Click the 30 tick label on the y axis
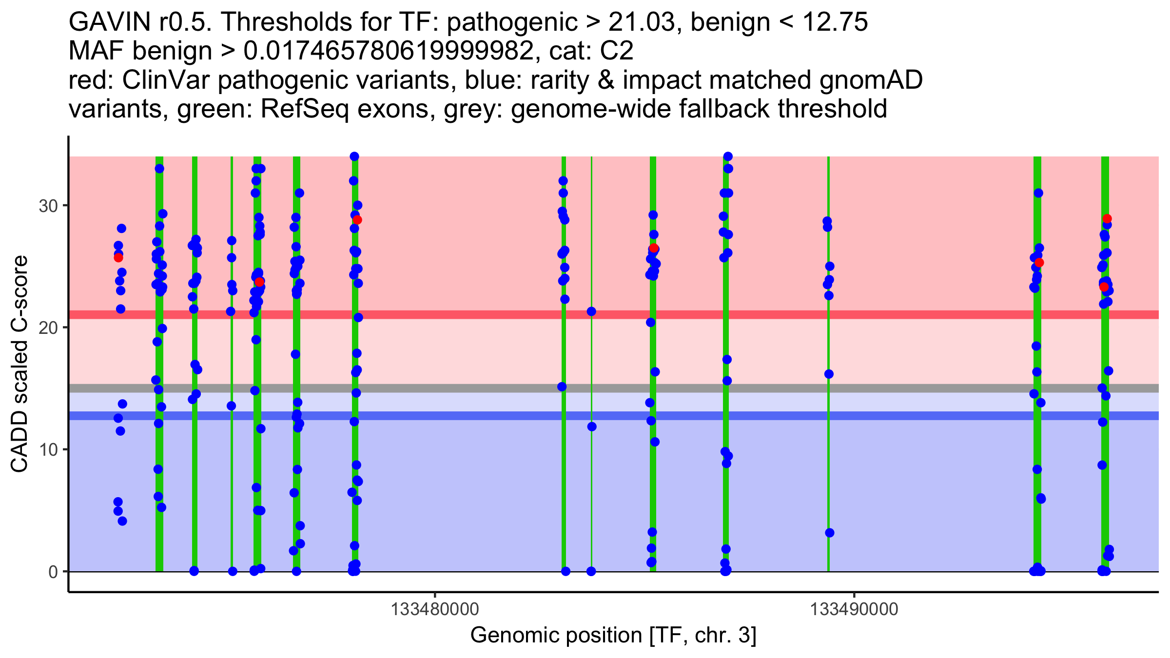point(48,206)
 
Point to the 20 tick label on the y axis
point(48,328)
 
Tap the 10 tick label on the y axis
point(48,449)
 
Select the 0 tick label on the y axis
point(53,572)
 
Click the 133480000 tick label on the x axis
point(434,610)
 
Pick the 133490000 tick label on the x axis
point(854,610)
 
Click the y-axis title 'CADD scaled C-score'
point(19,365)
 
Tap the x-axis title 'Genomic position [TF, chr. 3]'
point(613,636)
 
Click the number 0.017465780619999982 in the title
point(388,51)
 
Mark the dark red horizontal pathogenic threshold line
point(487,315)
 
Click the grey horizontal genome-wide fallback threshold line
point(487,388)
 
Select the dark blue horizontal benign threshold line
point(487,416)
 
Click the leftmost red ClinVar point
point(118,258)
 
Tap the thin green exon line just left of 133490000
point(828,439)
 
